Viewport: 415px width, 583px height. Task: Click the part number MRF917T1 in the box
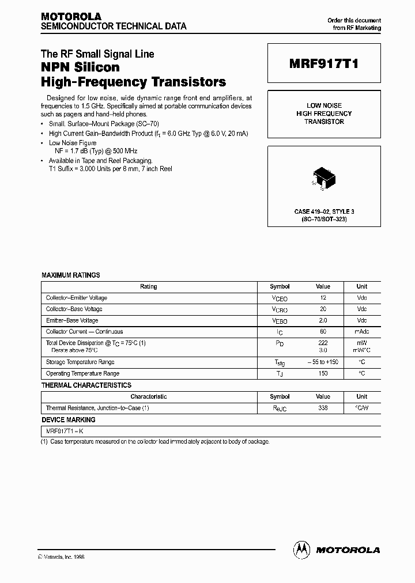(324, 65)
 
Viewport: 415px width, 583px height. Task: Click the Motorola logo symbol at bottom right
(301, 550)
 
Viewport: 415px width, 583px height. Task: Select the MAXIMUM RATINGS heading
(71, 275)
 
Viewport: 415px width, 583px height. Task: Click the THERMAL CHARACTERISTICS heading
(86, 385)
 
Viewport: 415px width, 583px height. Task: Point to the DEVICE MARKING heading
(66, 420)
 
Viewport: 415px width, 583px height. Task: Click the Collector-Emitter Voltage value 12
(323, 298)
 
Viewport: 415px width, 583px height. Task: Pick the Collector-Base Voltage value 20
(323, 309)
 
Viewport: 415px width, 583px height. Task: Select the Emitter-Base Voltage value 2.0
(323, 320)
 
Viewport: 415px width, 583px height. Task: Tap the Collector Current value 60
(323, 332)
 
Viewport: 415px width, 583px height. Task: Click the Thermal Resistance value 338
(323, 408)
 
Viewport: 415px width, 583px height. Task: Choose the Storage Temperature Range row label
(80, 362)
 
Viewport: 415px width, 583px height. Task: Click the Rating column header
(149, 286)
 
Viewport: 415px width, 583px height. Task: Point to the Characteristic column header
(149, 396)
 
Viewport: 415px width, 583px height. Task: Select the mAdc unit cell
(361, 332)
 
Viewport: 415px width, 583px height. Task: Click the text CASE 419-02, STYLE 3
(324, 212)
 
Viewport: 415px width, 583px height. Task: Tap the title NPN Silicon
(80, 68)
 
